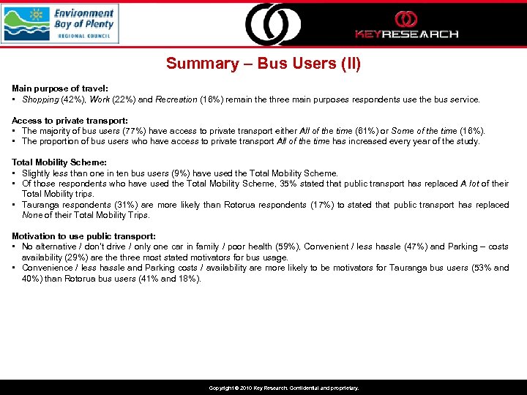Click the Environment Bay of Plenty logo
(x=59, y=23)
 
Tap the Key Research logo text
(x=406, y=34)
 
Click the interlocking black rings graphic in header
(x=272, y=24)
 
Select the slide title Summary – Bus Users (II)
(x=263, y=64)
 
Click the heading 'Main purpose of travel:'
(x=60, y=89)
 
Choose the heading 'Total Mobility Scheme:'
(x=59, y=162)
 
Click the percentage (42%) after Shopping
(x=72, y=99)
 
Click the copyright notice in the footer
(x=284, y=388)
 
